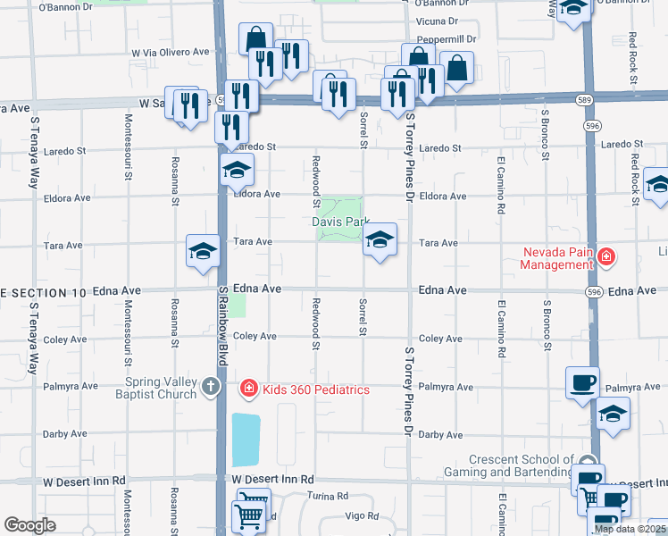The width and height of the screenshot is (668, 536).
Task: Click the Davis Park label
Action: [x=340, y=222]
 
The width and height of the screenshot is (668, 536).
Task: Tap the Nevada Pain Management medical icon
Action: [x=606, y=258]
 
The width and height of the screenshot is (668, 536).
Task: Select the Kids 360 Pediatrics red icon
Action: [x=247, y=389]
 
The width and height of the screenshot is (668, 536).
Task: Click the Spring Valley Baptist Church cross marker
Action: [x=210, y=386]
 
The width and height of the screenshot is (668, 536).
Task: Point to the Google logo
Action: [x=29, y=525]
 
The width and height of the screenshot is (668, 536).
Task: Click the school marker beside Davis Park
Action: [x=380, y=239]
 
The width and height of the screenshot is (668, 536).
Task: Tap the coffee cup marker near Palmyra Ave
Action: [x=582, y=382]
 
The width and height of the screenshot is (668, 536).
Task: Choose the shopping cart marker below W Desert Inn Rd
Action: [x=248, y=516]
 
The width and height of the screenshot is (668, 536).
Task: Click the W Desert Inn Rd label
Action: [x=273, y=480]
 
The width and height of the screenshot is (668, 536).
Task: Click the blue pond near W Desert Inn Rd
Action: [x=246, y=440]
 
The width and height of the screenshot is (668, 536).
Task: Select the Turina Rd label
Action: [x=328, y=496]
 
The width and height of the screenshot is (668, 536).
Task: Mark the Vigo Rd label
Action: [x=362, y=515]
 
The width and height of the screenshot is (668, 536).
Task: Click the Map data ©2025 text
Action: [x=630, y=529]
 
